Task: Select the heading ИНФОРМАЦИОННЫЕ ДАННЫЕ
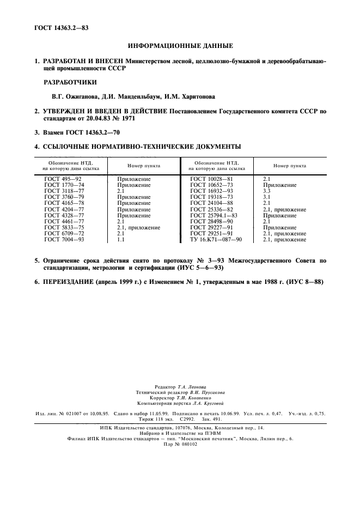pyautogui.click(x=180, y=46)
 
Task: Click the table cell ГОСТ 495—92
pyautogui.click(x=63, y=179)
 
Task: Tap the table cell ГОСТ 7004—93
pyautogui.click(x=64, y=239)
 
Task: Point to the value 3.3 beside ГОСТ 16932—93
pyautogui.click(x=267, y=191)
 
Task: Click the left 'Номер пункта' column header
pyautogui.click(x=144, y=166)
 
